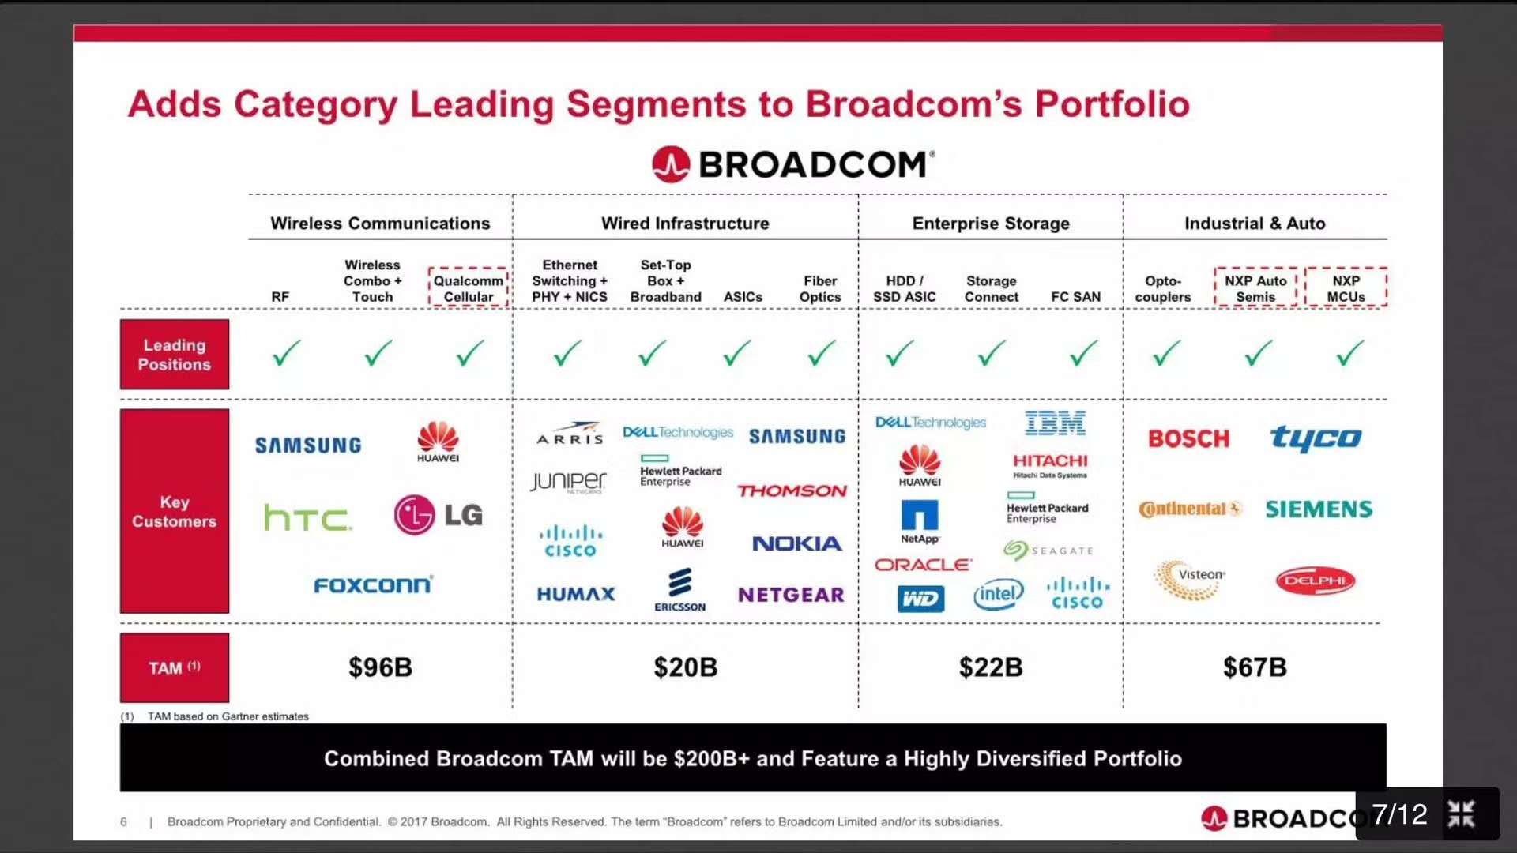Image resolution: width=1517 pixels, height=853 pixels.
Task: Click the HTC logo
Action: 307,518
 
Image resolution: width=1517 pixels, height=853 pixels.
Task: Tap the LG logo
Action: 438,515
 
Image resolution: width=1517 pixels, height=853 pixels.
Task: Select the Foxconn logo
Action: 373,585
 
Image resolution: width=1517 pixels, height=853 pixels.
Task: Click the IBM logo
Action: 1055,424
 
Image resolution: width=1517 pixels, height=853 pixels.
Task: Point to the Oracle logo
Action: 923,565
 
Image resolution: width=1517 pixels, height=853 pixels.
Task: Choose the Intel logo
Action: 999,594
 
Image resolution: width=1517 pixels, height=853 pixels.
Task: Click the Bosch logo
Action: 1188,439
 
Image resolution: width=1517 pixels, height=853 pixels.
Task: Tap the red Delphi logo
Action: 1315,581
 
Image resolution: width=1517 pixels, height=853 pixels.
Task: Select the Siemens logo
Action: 1319,509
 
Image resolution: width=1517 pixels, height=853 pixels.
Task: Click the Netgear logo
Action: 791,595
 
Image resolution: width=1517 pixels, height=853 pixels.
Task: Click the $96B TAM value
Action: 380,667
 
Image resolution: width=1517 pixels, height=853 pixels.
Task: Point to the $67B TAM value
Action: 1255,667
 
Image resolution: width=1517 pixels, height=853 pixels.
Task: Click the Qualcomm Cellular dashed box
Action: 468,287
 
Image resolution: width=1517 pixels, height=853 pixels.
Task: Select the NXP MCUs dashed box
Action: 1346,287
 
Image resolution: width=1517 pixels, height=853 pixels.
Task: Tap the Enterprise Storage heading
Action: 991,224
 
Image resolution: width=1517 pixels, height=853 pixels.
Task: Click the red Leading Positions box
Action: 175,355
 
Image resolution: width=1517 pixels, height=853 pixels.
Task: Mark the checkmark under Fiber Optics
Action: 821,353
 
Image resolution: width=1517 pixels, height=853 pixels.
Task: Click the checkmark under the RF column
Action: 286,353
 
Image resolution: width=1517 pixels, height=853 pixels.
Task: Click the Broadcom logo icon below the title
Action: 671,164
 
